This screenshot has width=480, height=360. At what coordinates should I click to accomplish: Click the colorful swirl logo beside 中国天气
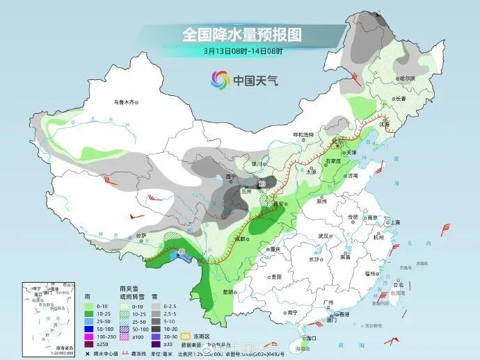pyautogui.click(x=218, y=81)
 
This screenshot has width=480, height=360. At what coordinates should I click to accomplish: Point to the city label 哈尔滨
pyautogui.click(x=405, y=79)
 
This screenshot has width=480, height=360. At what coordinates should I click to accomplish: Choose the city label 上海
pyautogui.click(x=395, y=222)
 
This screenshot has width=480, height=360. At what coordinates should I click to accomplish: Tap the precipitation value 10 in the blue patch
pyautogui.click(x=182, y=252)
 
